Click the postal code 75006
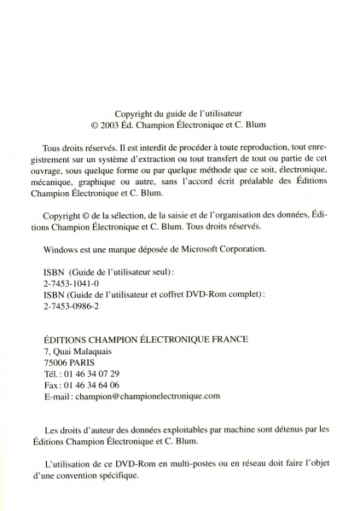click(56, 362)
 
